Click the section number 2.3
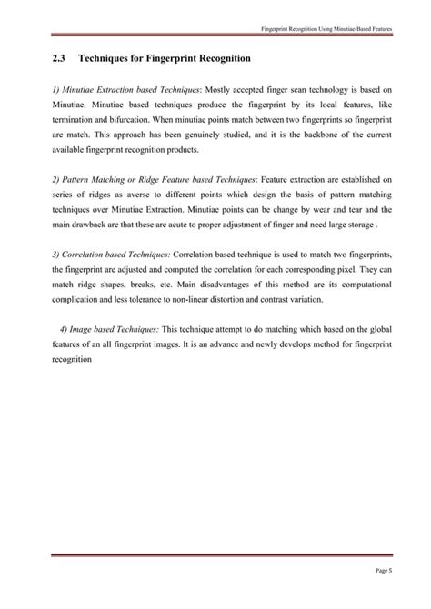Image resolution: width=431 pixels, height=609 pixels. tap(60, 59)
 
